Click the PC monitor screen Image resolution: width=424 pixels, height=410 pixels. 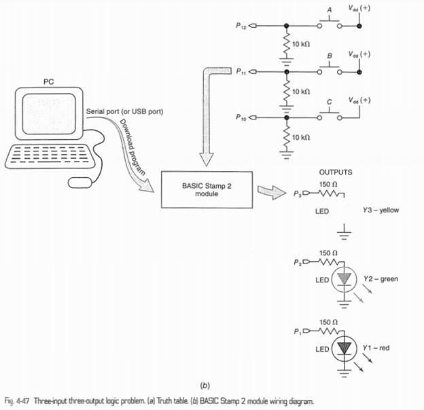pos(49,113)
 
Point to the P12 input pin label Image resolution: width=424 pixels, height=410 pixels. pos(241,26)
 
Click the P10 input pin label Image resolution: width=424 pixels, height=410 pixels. pos(241,117)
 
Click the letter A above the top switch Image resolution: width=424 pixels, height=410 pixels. pos(330,10)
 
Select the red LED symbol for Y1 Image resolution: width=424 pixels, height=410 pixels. pos(344,348)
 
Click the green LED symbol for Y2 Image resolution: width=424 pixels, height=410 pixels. pos(344,279)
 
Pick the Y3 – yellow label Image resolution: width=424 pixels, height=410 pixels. pos(381,210)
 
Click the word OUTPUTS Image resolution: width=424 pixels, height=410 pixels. pos(336,172)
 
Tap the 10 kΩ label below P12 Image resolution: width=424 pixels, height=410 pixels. pos(301,44)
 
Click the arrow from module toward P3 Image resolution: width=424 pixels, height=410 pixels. pos(272,192)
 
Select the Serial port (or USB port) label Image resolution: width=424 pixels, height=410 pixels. pos(124,111)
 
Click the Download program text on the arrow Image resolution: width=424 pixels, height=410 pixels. pos(132,147)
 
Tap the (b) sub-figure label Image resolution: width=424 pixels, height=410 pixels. pos(205,385)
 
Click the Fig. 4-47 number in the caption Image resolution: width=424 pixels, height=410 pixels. pos(17,400)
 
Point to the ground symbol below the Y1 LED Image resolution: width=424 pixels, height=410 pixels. pos(344,373)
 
